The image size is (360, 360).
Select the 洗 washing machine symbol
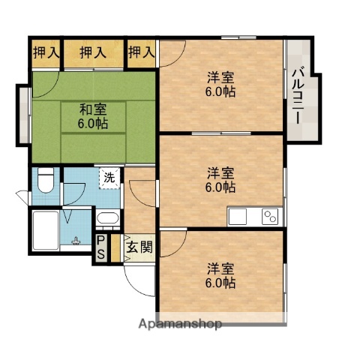click(x=109, y=178)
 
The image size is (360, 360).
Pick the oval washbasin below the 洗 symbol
click(x=106, y=219)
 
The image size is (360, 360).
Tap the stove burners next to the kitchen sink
click(x=270, y=217)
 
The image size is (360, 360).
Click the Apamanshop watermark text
click(x=179, y=325)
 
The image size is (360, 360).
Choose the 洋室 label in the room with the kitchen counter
click(x=220, y=172)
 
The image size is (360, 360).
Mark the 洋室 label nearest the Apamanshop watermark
click(x=220, y=268)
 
